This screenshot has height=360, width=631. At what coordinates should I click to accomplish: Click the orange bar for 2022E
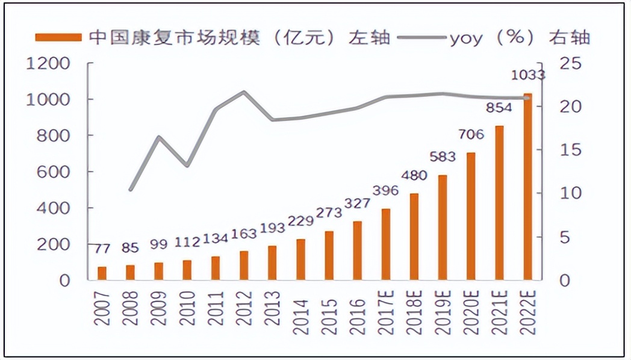(x=527, y=187)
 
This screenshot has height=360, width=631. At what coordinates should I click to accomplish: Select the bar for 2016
(x=357, y=250)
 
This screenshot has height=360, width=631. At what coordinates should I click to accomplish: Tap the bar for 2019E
(x=443, y=228)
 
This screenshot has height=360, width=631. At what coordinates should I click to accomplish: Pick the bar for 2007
(x=102, y=273)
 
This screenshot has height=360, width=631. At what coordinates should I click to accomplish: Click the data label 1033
(x=527, y=76)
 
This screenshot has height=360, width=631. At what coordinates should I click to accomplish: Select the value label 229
(x=301, y=222)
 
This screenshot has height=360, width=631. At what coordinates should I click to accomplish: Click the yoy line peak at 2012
(x=244, y=92)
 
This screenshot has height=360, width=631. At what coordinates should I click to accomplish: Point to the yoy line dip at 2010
(x=187, y=165)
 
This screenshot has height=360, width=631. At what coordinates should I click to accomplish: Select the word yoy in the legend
(x=467, y=38)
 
